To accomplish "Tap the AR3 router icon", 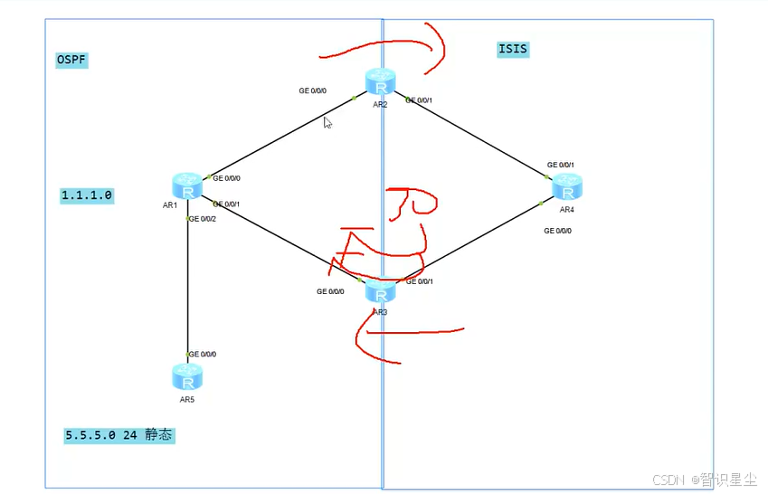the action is [381, 291].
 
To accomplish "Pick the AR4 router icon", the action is [567, 187].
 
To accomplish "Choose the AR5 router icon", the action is [187, 376].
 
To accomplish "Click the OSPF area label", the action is [71, 60].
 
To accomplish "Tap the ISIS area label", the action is [513, 50].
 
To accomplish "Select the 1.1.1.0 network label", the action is [87, 195].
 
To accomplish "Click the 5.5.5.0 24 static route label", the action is [119, 435].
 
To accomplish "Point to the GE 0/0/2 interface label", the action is [203, 218].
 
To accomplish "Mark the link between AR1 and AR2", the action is [280, 137].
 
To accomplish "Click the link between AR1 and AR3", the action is [280, 237].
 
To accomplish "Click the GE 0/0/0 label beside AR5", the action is [203, 354].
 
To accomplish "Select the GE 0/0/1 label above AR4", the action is [561, 166].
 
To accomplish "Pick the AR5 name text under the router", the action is [187, 399].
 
